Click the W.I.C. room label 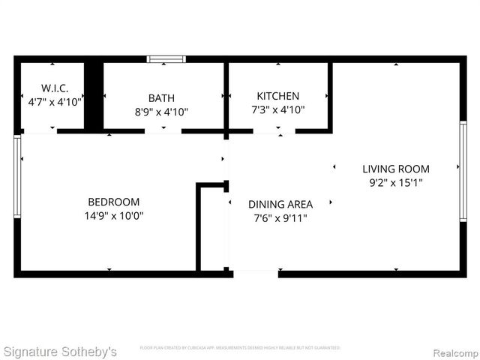click(55, 88)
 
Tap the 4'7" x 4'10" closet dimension click(55, 100)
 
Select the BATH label click(161, 97)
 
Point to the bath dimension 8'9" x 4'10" click(161, 112)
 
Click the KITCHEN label click(277, 96)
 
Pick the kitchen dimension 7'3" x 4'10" click(277, 109)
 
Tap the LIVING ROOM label click(396, 169)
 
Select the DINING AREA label click(280, 204)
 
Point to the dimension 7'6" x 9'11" click(280, 218)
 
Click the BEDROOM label click(114, 202)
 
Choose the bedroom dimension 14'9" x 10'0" click(114, 215)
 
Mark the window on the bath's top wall click(166, 58)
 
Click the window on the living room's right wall click(463, 171)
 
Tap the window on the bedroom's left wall click(17, 175)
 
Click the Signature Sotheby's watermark click(60, 351)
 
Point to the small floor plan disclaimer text click(240, 348)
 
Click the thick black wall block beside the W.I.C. click(93, 96)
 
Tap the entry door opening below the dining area click(255, 273)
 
